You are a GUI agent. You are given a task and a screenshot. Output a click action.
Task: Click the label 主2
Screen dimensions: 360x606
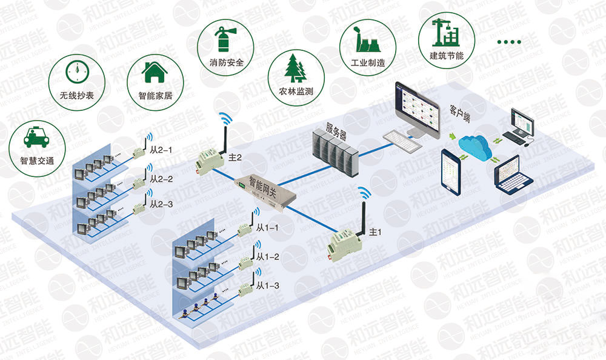235,158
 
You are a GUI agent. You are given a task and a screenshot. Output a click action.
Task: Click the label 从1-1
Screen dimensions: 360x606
267,228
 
